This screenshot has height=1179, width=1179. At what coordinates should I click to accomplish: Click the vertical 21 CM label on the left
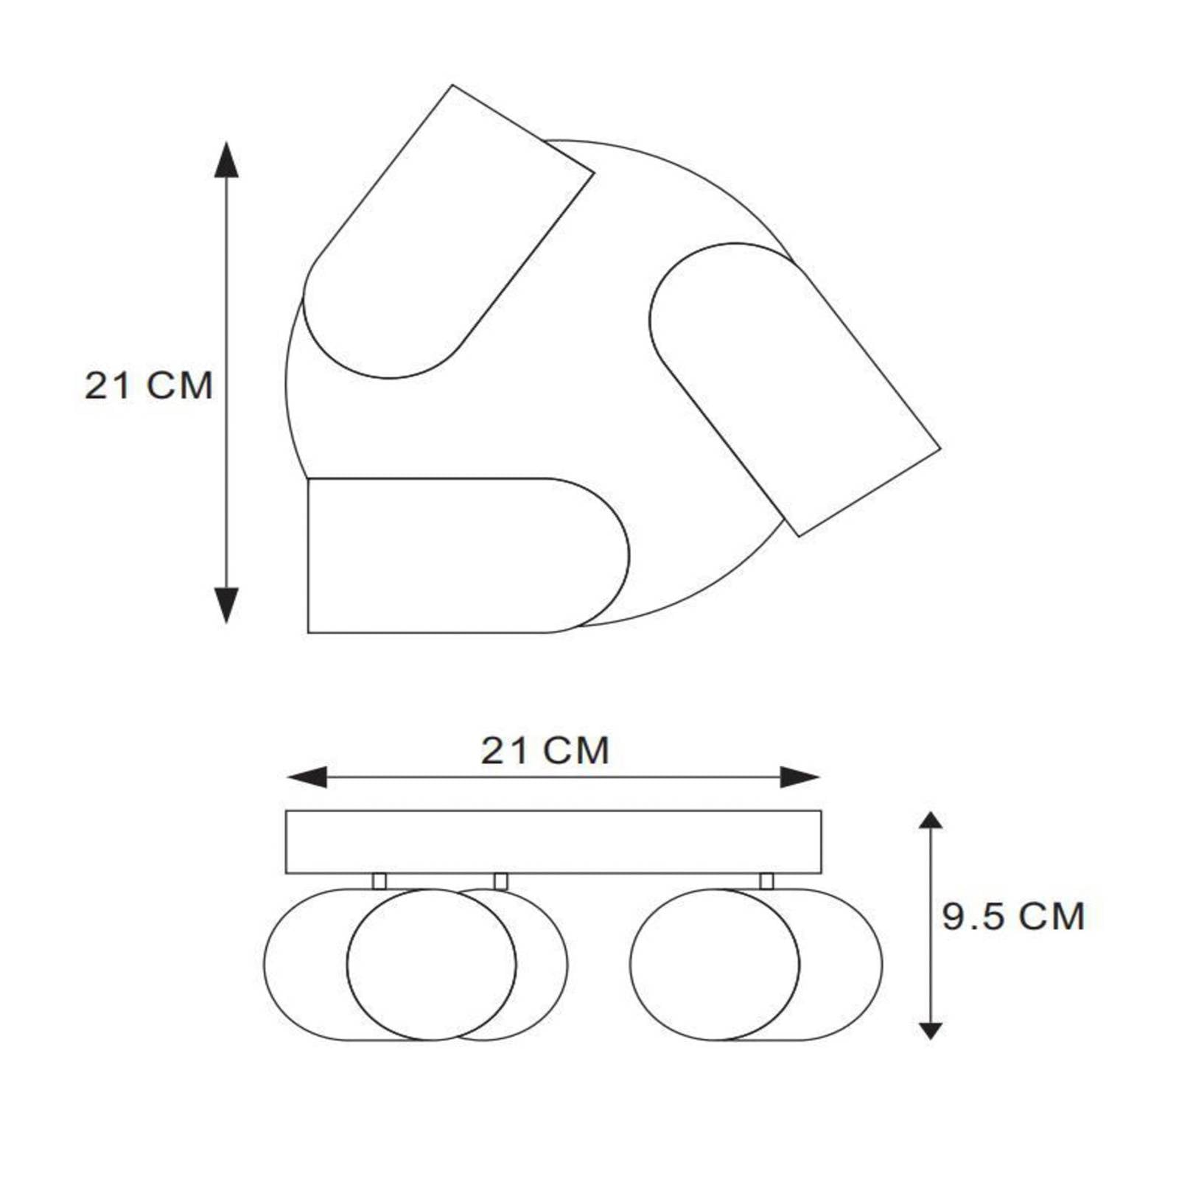tap(149, 385)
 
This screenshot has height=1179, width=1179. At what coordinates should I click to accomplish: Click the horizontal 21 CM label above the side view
tap(545, 751)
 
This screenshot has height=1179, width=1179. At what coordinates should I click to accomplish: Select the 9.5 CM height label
tap(1013, 917)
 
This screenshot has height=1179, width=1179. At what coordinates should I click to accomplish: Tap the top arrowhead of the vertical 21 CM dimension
tap(226, 159)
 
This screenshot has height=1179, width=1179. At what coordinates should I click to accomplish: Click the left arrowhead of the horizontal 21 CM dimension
tap(307, 777)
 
